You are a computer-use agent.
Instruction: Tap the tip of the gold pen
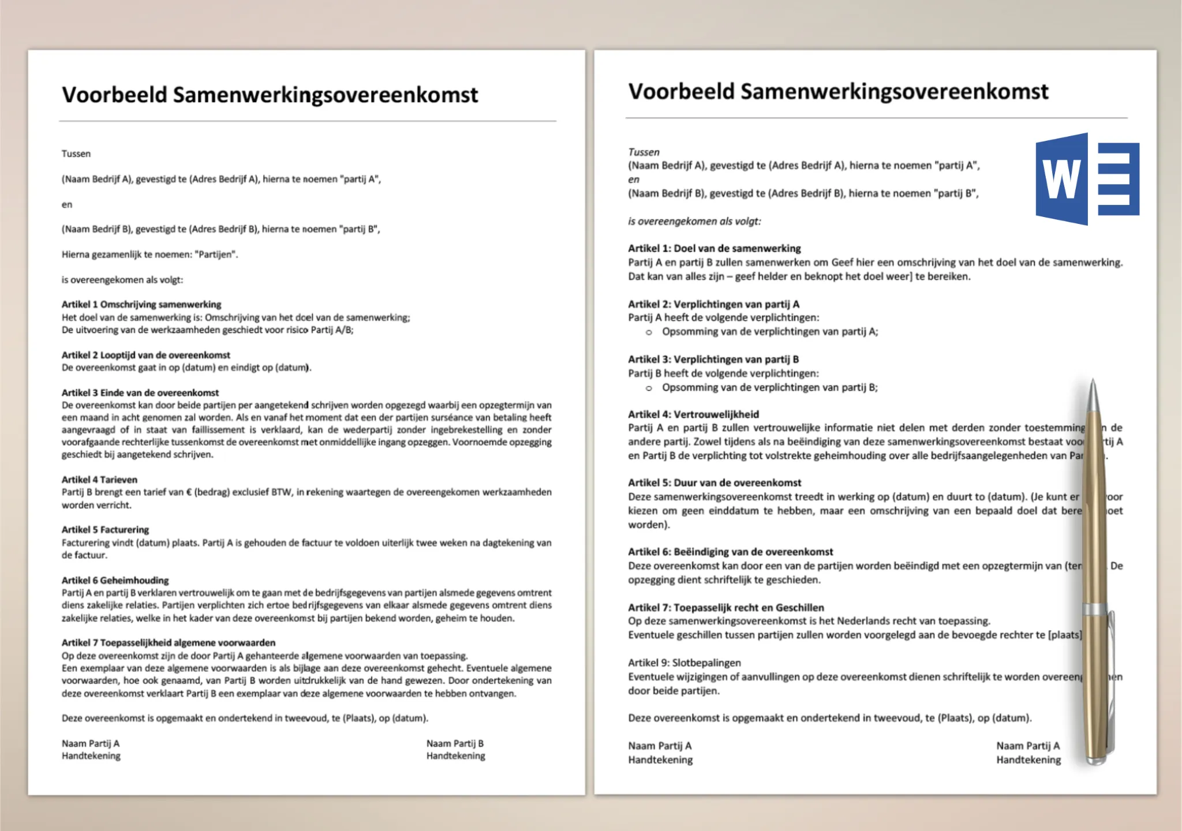click(1093, 381)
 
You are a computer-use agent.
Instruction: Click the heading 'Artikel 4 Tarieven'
click(99, 480)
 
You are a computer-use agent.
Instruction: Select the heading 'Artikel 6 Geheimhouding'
click(115, 580)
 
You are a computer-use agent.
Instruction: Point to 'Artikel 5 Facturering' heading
click(105, 529)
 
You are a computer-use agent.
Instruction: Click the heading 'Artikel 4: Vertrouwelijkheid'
click(693, 414)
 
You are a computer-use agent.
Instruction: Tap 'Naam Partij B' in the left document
click(455, 743)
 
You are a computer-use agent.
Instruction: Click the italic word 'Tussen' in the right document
click(644, 152)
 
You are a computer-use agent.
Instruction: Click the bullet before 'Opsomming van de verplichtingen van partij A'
click(649, 332)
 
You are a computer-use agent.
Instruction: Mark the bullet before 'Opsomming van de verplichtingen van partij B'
click(649, 388)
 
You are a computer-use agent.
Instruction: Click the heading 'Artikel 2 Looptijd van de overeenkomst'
click(145, 355)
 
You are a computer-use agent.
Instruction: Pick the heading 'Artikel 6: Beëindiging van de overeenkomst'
click(730, 552)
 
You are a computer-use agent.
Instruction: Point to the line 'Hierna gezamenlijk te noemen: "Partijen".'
click(149, 254)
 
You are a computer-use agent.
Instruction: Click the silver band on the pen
click(1095, 609)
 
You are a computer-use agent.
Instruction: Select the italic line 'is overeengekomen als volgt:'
click(694, 221)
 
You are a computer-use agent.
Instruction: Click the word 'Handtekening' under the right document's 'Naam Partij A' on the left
click(660, 760)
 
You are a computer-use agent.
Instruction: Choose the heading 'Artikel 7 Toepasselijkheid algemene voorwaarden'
click(169, 642)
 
